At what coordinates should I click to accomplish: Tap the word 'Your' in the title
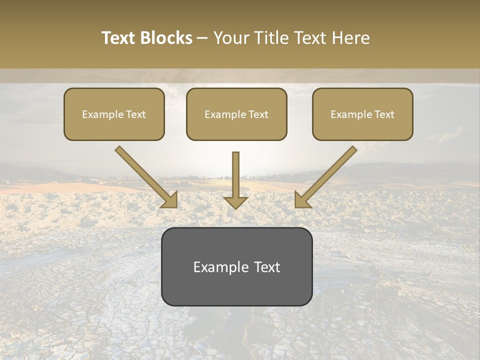pos(231,38)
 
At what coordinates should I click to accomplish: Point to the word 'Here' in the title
pos(351,38)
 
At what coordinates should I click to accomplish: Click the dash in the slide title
pos(202,38)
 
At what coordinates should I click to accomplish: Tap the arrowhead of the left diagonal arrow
pos(170,200)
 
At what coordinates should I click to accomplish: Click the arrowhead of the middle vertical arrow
pos(235,202)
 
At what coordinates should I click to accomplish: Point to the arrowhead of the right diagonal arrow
pos(302,200)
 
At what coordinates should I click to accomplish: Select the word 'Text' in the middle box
pos(258,114)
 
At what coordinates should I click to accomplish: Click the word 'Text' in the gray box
pos(267,267)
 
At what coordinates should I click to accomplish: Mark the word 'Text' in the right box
pos(384,114)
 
